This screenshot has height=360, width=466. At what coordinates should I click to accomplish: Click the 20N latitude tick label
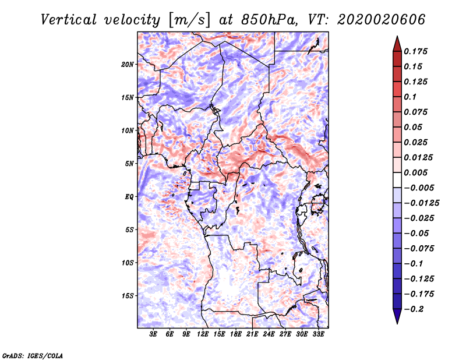128,65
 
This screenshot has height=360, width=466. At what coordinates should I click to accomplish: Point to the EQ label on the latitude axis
129,197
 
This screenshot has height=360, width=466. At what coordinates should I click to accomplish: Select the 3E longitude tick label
153,334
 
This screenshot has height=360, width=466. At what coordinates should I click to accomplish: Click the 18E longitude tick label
235,334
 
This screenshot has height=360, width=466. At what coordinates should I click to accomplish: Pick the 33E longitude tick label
318,334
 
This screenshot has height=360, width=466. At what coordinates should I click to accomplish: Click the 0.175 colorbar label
415,51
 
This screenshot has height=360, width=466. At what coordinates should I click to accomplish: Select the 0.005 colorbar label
415,172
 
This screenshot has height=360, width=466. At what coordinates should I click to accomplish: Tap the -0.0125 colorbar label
421,203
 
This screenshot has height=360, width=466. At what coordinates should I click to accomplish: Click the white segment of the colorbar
397,180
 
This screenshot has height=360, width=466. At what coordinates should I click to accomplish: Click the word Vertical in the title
69,20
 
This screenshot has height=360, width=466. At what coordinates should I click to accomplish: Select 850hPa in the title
269,20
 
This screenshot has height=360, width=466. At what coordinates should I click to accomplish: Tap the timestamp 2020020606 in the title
382,20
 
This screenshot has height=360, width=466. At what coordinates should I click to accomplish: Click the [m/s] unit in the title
189,20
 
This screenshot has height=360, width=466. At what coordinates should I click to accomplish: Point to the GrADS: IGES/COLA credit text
33,355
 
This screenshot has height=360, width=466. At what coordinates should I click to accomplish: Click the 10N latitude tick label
128,131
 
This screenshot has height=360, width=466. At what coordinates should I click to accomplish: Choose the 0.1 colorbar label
410,97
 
